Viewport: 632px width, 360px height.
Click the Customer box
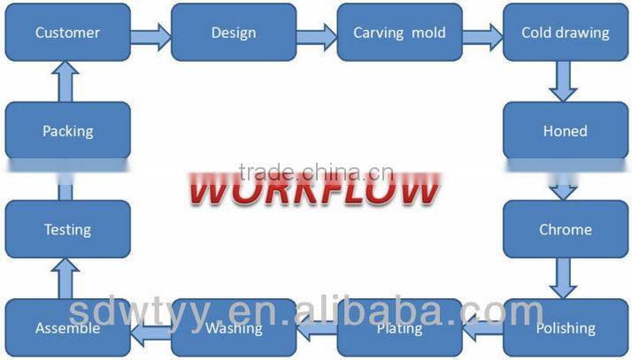[67, 33]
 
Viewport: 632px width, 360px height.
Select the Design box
[233, 33]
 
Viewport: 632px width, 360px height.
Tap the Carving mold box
[399, 33]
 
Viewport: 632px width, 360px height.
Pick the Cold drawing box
[565, 33]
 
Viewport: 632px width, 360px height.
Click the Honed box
[565, 131]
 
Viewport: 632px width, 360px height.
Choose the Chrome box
[565, 229]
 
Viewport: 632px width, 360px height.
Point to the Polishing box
[565, 327]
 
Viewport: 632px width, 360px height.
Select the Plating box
[399, 327]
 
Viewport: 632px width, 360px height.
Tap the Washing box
[233, 327]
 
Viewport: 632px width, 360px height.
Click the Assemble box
[67, 327]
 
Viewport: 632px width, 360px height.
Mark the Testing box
[67, 229]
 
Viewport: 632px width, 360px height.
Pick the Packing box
[67, 131]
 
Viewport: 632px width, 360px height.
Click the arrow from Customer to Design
[150, 35]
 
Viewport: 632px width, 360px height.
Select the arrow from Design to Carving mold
[316, 35]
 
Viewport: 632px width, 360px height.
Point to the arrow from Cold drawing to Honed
[563, 81]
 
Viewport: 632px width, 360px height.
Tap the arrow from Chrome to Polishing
[563, 278]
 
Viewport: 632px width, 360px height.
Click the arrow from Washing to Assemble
[150, 331]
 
